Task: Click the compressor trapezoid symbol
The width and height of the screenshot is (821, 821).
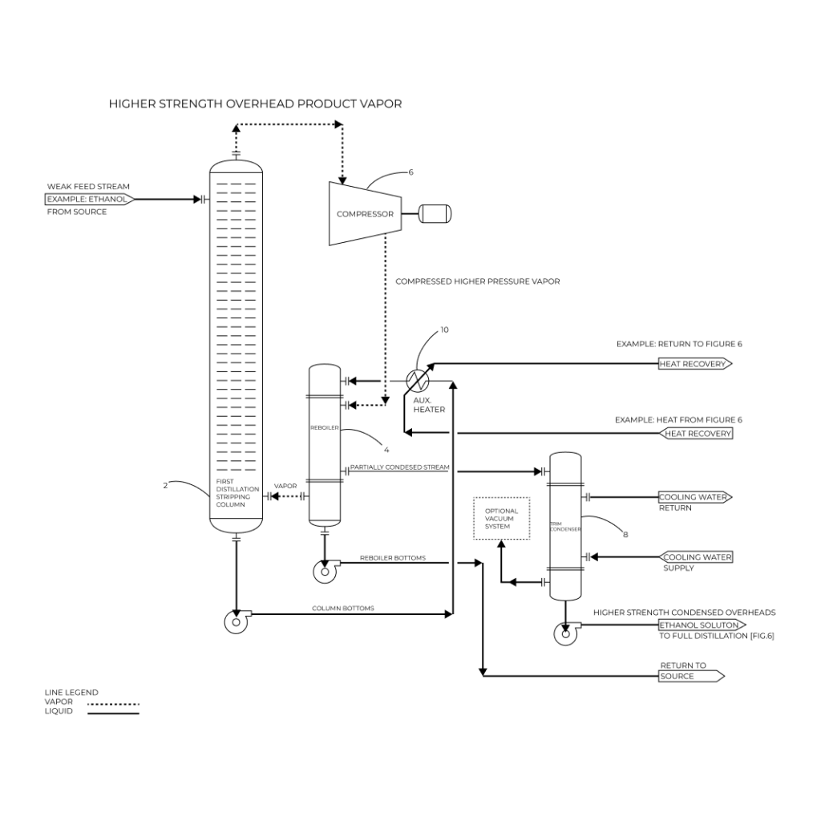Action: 365,214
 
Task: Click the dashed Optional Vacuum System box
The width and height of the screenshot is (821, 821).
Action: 502,518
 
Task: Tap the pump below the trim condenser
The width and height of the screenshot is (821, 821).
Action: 566,633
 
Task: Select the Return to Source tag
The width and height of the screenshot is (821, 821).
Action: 690,676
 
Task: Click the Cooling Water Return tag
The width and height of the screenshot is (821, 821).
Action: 694,497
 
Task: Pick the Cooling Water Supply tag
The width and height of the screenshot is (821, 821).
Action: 696,556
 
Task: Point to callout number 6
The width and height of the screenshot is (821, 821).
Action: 411,172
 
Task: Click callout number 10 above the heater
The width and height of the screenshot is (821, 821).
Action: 445,330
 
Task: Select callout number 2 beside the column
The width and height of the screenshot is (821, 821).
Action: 165,485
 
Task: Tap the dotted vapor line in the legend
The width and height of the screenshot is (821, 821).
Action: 113,704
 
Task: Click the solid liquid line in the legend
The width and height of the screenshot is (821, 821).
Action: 113,713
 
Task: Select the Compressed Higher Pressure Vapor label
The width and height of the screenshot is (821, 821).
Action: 477,281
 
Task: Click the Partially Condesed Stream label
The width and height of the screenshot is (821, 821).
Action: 398,467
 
